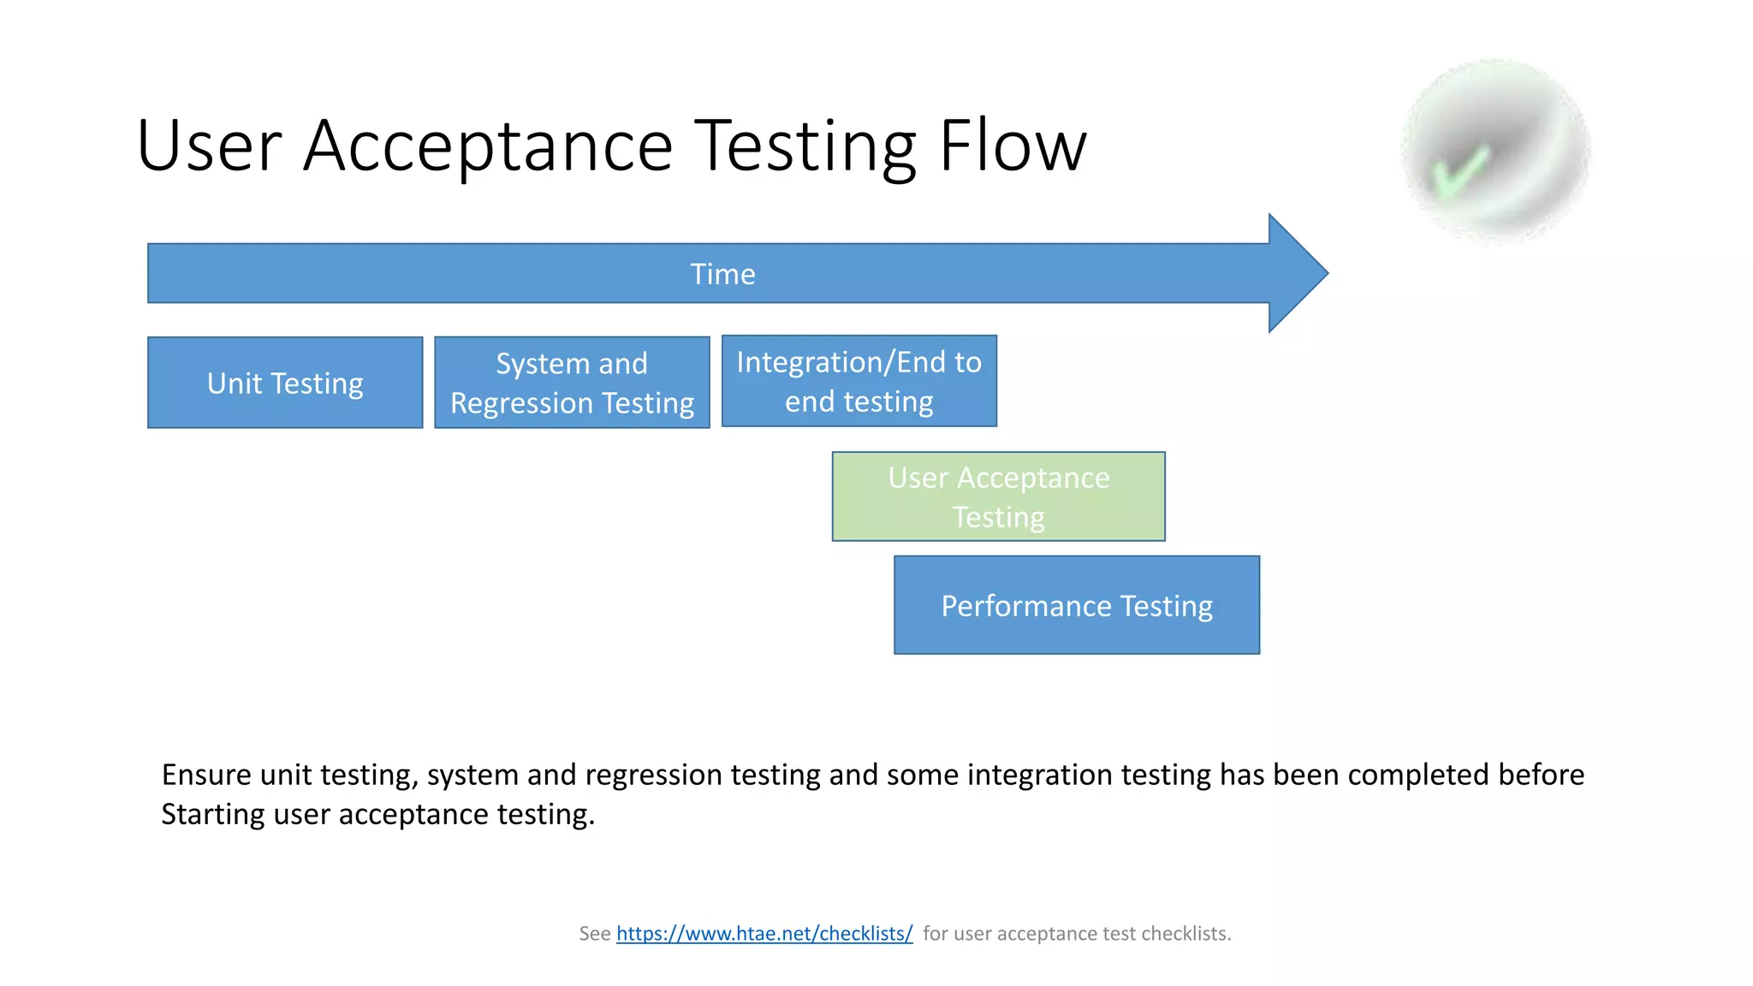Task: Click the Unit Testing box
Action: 285,383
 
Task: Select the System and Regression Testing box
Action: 572,383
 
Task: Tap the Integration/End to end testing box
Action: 859,381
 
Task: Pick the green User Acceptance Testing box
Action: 998,496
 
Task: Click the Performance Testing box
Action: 1076,605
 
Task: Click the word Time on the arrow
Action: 722,274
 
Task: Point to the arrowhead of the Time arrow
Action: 1297,273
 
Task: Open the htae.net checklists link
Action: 764,933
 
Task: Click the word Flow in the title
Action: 1012,146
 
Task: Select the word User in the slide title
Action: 209,146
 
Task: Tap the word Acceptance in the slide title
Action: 488,146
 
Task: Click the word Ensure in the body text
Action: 206,775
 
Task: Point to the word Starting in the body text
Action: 213,814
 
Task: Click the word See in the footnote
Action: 594,933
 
